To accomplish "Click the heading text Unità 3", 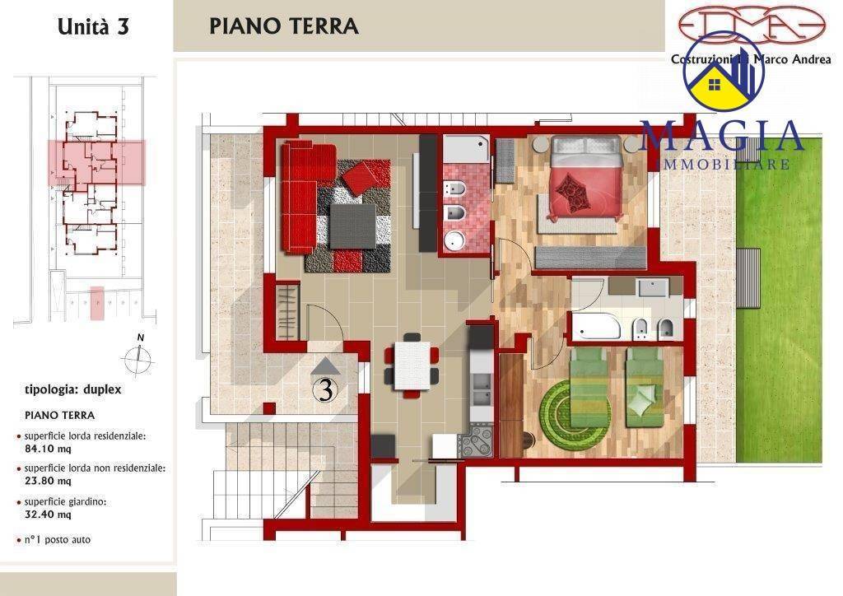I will coord(93,26).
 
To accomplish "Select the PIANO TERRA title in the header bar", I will coord(283,26).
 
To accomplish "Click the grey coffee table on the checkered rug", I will coord(352,226).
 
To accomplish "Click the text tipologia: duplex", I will coord(73,389).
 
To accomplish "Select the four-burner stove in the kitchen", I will coord(477,442).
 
